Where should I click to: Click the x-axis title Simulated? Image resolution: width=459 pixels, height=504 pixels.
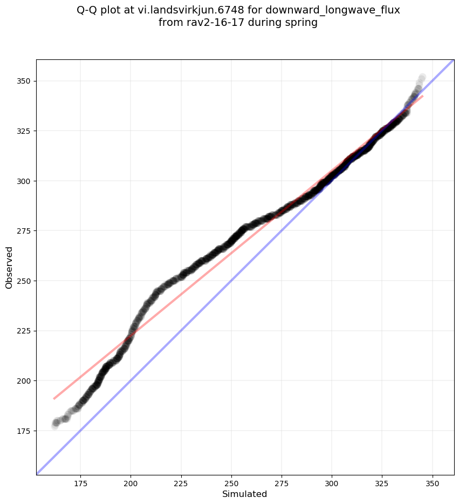tap(245, 494)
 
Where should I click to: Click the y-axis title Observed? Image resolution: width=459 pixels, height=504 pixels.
tap(9, 267)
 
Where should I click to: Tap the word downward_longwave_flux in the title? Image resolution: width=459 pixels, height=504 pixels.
tap(333, 10)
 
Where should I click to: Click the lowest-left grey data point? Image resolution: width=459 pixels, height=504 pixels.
tap(55, 426)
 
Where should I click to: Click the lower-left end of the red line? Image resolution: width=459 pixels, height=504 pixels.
tap(54, 399)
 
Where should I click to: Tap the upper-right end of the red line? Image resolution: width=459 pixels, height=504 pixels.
tap(422, 96)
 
